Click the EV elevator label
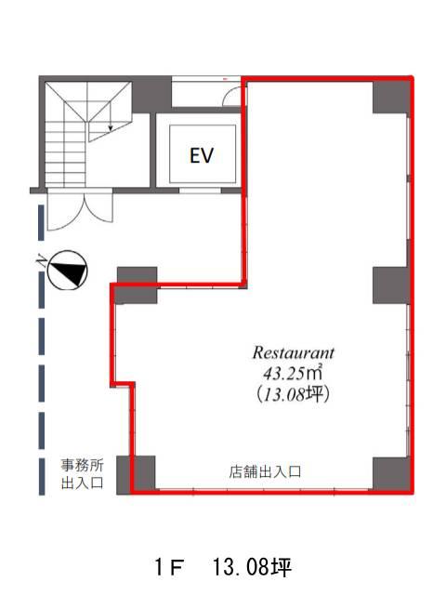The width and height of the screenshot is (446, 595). pos(202,155)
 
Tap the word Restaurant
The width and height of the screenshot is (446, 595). pos(294,352)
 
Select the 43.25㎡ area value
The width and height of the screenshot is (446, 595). pos(293,373)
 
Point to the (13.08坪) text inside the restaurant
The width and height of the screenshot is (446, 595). pos(293,394)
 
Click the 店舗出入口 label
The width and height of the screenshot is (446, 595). pos(265,471)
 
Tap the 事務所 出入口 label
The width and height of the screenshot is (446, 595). pos(83,473)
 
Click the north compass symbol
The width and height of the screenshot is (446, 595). pos(68,271)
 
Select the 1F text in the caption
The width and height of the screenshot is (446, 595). pos(170,568)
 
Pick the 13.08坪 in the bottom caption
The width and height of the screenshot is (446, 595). pos(252,568)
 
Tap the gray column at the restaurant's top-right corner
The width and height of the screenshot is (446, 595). pos(391,97)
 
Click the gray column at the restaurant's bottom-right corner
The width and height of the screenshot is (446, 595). pos(391,473)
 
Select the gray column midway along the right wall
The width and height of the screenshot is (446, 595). pos(391,285)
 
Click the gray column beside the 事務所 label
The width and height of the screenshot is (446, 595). pos(136,475)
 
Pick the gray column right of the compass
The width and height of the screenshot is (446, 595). pos(137,285)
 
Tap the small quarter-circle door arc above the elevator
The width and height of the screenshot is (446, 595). pos(231,95)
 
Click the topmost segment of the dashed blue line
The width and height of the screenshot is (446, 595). pos(41,223)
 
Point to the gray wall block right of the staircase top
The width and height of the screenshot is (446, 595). pos(151,94)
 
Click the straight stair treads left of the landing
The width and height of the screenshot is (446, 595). pos(65,151)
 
